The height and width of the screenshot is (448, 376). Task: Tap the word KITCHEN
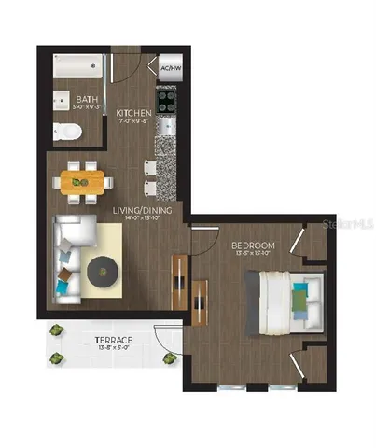(x=134, y=114)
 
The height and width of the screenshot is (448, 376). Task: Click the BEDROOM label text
(x=250, y=245)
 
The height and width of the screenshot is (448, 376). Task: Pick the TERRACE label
(x=112, y=341)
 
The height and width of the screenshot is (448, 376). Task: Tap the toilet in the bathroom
(x=66, y=132)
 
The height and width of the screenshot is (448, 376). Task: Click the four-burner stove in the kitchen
(x=167, y=98)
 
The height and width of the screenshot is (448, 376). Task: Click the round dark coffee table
(x=102, y=272)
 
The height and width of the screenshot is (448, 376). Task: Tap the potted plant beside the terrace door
(x=169, y=357)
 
